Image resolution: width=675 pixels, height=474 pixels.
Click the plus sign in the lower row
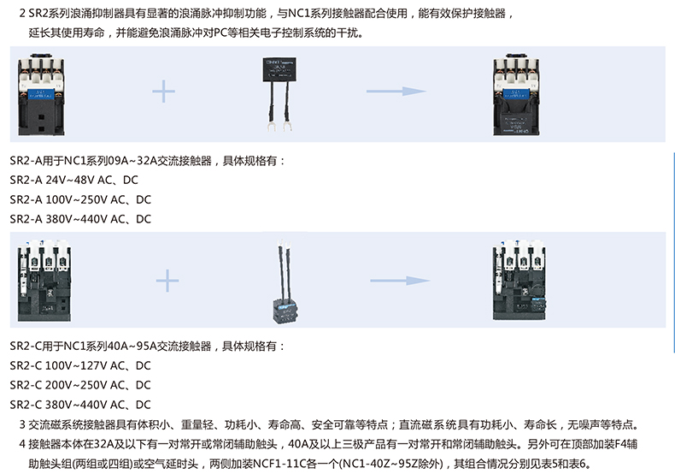click(167, 281)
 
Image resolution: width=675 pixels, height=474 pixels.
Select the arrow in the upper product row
click(396, 92)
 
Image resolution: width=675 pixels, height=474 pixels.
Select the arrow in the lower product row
click(399, 281)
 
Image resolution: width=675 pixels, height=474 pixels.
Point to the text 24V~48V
click(67, 181)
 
